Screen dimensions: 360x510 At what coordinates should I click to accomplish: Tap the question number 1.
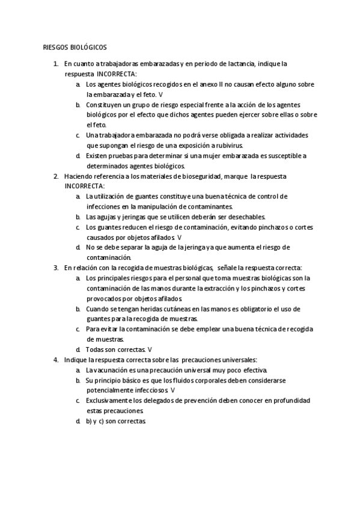(x=55, y=63)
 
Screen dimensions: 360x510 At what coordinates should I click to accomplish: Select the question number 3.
(x=55, y=267)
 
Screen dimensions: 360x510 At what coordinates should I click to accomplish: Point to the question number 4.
(x=55, y=359)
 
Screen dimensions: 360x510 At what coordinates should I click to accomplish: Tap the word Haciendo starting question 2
(x=79, y=176)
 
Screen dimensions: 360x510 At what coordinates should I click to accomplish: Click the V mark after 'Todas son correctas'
(x=150, y=349)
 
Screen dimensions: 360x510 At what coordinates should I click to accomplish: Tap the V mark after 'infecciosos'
(x=173, y=390)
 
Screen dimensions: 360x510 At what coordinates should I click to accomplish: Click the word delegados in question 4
(x=171, y=400)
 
